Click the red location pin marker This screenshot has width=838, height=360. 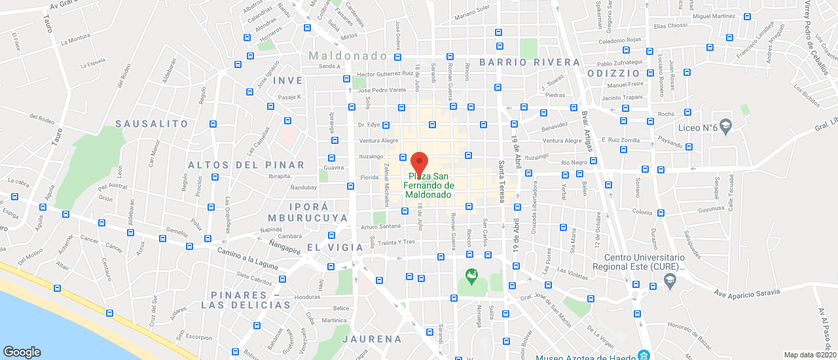419,162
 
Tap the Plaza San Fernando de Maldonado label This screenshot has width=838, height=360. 429,185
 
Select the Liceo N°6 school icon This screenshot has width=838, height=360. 725,125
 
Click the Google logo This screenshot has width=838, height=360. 22,352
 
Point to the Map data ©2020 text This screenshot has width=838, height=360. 809,355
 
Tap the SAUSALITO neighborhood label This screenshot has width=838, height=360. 151,124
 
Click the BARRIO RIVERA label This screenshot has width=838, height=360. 530,63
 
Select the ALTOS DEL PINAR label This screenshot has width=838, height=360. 246,165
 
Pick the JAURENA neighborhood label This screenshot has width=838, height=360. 372,339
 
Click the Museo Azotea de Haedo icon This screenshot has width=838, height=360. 644,355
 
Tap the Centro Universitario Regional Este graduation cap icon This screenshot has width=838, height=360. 669,280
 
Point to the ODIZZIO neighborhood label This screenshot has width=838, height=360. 613,73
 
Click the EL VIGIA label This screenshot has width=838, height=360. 335,247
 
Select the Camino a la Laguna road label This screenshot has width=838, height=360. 248,259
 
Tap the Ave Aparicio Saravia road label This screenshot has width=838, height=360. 747,292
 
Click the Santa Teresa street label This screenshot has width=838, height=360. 501,181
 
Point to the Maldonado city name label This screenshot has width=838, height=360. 348,56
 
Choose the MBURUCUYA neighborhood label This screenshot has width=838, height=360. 308,218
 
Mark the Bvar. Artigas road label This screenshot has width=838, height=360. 587,132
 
